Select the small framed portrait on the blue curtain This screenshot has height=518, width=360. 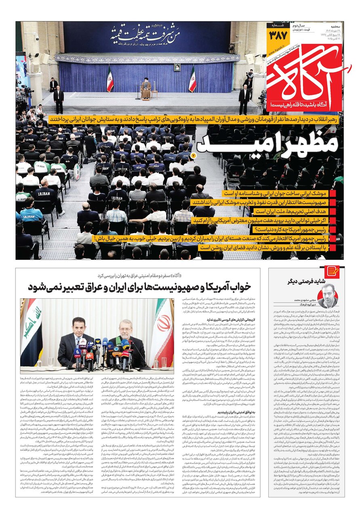click(x=177, y=67)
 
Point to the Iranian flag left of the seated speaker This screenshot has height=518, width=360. click(x=110, y=79)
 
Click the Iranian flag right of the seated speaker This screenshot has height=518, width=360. click(x=192, y=79)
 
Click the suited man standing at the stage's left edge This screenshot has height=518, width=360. click(x=59, y=99)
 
